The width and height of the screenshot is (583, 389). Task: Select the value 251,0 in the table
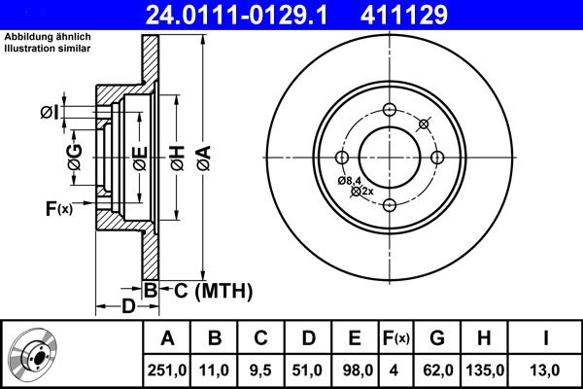(166, 370)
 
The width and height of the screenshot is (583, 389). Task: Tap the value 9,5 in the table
(260, 370)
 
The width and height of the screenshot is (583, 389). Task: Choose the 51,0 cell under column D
(307, 370)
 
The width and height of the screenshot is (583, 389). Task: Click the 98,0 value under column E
(355, 370)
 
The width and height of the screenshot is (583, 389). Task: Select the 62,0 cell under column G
(437, 370)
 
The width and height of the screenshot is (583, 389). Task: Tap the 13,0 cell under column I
(546, 370)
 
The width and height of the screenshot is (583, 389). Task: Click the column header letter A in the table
(166, 339)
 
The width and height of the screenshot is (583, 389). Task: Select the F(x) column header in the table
(396, 339)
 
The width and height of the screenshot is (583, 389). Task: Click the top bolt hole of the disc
(389, 109)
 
